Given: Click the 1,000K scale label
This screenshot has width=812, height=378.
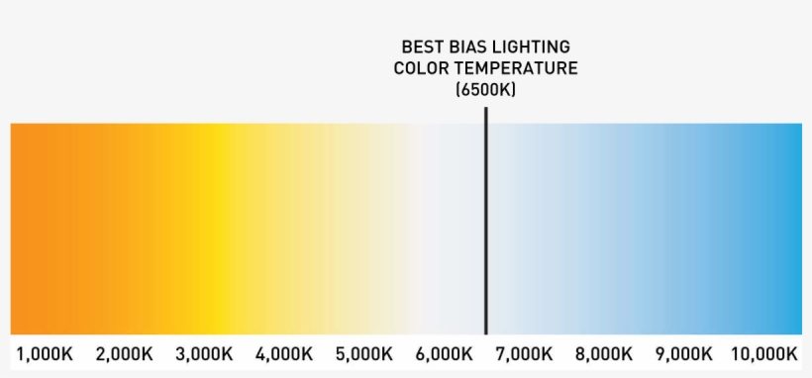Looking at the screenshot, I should pyautogui.click(x=45, y=354).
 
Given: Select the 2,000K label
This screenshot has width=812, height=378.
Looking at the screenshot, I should pyautogui.click(x=124, y=354).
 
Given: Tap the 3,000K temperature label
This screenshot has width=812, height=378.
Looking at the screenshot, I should pyautogui.click(x=204, y=354).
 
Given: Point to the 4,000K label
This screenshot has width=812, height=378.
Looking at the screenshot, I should pyautogui.click(x=284, y=354).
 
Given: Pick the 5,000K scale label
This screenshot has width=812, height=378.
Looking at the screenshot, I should pyautogui.click(x=364, y=354).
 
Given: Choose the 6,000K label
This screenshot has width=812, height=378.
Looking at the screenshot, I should pyautogui.click(x=444, y=354).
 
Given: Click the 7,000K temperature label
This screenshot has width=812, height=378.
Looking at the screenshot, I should pyautogui.click(x=524, y=354).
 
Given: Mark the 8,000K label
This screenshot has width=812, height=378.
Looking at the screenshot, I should pyautogui.click(x=604, y=354).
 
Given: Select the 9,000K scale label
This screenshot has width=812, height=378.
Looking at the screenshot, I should pyautogui.click(x=683, y=354).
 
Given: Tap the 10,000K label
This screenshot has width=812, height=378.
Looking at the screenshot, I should pyautogui.click(x=764, y=354).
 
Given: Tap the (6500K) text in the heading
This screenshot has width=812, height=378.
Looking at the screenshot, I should pyautogui.click(x=485, y=90).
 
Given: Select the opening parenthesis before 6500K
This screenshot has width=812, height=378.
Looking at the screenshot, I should pyautogui.click(x=458, y=90).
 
